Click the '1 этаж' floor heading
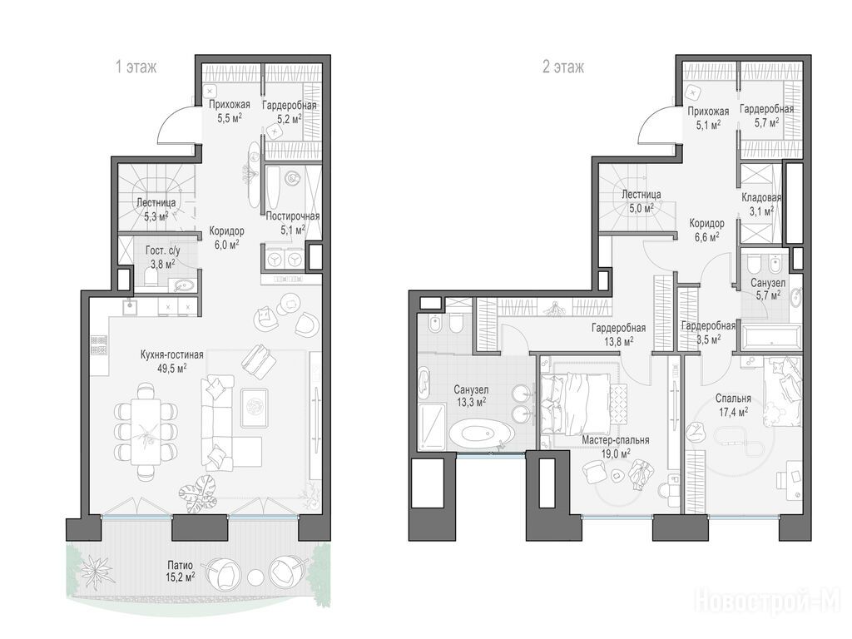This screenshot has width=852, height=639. click(x=136, y=67)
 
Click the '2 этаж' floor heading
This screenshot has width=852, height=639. click(x=563, y=67)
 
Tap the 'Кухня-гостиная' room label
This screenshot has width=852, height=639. click(x=171, y=354)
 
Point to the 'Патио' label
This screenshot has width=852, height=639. click(x=180, y=565)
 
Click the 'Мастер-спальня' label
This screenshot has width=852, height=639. click(x=615, y=440)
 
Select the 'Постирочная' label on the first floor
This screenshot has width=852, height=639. click(x=292, y=216)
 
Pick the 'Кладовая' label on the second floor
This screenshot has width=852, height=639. click(x=761, y=198)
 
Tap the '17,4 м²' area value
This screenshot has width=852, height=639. click(x=734, y=411)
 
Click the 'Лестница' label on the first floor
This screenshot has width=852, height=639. click(x=156, y=203)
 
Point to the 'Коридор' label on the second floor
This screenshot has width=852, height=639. click(x=706, y=223)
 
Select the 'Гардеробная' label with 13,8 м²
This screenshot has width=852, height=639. click(x=618, y=328)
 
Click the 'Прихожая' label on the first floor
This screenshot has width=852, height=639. click(x=230, y=104)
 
